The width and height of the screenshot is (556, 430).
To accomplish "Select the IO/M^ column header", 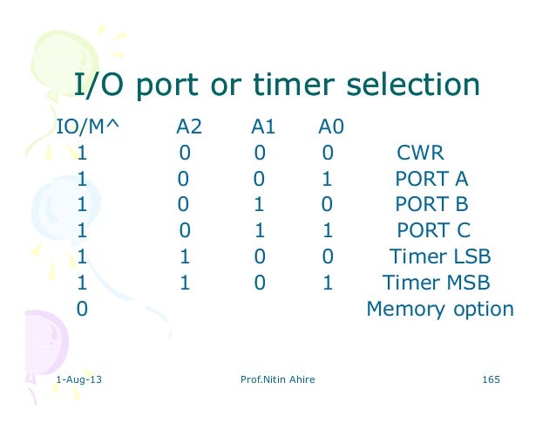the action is coord(87,128).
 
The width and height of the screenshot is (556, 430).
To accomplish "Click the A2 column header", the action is coord(189,128).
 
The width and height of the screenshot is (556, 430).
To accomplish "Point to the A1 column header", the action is coord(263,128).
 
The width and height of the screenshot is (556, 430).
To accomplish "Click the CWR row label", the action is coord(421,154).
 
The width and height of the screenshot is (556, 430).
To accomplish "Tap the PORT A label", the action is coord(431,180).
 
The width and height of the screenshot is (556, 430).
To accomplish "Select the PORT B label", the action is coord(431,206).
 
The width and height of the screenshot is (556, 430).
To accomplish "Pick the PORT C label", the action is coord(433,231).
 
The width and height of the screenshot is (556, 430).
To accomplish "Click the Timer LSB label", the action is coord(440,257).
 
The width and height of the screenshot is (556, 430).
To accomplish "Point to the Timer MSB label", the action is coord(437,283).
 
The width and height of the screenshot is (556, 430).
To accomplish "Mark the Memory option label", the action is coord(440,310).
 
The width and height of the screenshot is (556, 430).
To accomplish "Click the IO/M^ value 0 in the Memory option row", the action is coord(82,310).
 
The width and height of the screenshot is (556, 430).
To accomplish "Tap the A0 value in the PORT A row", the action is coord(327,180).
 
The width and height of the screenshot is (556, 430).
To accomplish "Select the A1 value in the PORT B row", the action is coord(260,206).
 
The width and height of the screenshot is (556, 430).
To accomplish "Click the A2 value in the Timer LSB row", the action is coord(185,257).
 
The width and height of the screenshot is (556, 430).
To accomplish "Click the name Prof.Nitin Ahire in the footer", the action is coord(277,380).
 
